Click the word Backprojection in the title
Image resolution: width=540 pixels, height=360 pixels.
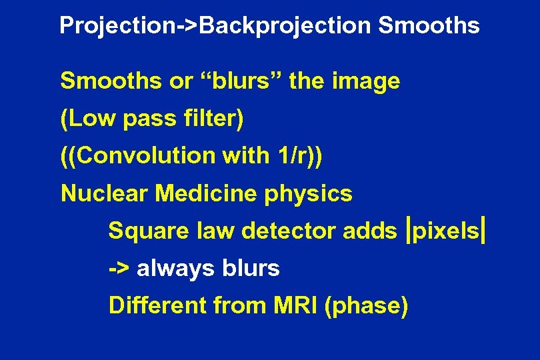(285, 26)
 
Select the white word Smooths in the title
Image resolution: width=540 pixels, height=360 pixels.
(428, 26)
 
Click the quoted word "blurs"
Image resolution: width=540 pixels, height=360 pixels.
(244, 81)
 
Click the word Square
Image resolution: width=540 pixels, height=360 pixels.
(148, 232)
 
